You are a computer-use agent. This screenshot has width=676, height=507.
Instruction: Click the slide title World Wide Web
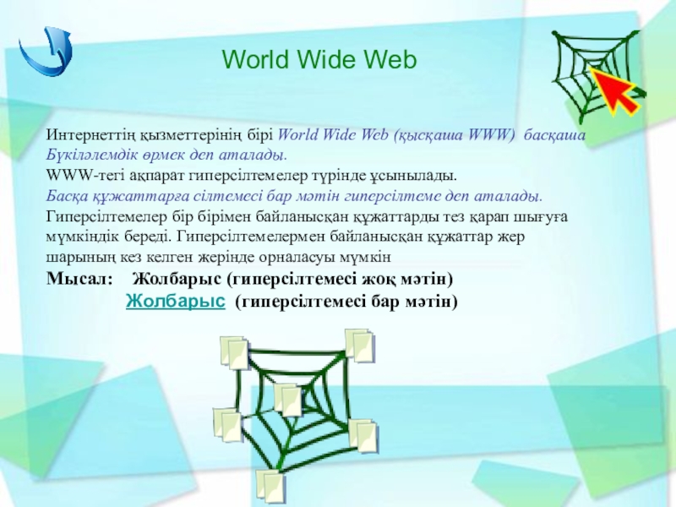coord(319,59)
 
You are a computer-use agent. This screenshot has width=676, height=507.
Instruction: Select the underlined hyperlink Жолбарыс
coord(176,301)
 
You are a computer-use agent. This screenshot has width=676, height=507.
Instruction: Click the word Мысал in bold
coord(79,279)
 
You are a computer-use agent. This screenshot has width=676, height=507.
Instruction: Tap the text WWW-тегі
coord(74,176)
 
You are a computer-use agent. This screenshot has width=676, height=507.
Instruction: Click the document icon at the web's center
coord(288,400)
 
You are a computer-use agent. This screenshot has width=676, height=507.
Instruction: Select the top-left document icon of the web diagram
coord(235,352)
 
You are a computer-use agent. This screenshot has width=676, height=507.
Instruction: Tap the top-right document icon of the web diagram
coord(360,346)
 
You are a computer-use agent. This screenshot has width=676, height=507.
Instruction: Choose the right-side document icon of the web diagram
coord(363,436)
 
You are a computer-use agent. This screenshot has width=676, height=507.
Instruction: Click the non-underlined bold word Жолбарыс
coord(177,279)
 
